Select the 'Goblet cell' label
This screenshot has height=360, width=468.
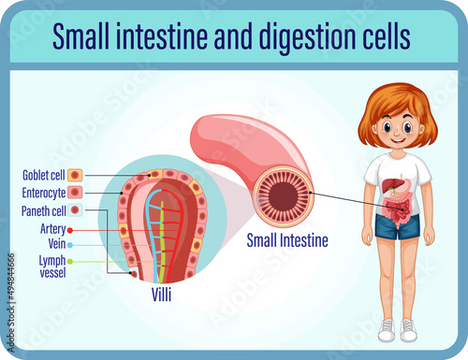pyautogui.click(x=43, y=174)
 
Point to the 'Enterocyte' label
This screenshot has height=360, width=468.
pyautogui.click(x=43, y=193)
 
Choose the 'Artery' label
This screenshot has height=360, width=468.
pyautogui.click(x=53, y=228)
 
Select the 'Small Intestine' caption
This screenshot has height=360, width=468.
pyautogui.click(x=287, y=240)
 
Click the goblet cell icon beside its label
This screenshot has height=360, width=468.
pyautogui.click(x=77, y=175)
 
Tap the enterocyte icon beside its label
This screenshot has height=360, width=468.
pyautogui.click(x=77, y=193)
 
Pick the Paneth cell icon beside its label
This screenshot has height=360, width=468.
pyautogui.click(x=77, y=211)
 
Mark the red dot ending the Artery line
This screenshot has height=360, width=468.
pyautogui.click(x=70, y=229)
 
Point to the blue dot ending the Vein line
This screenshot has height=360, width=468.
pyautogui.click(x=70, y=244)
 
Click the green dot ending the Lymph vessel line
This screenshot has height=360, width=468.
pyautogui.click(x=70, y=263)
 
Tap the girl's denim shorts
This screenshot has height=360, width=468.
pyautogui.click(x=397, y=224)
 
